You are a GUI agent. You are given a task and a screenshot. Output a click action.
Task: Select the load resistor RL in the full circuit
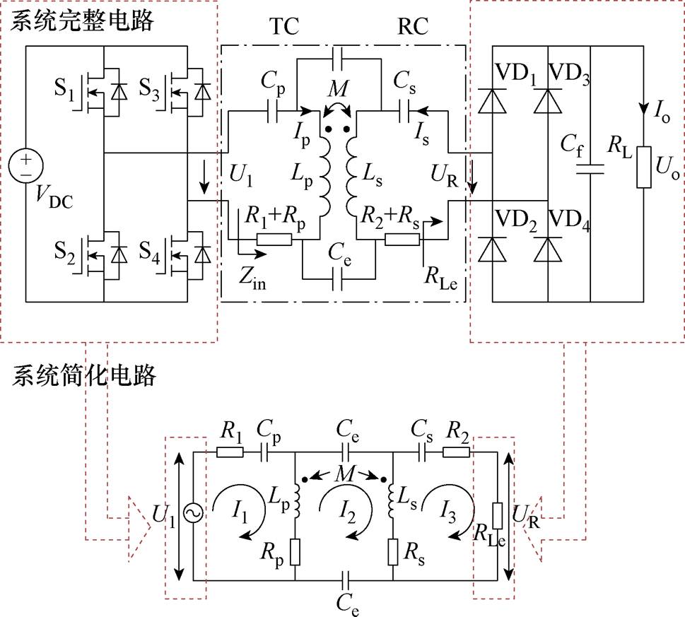point(643,168)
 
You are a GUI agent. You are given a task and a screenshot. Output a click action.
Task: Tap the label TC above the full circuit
point(284,27)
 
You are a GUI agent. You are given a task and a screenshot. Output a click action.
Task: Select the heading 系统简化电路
point(84,375)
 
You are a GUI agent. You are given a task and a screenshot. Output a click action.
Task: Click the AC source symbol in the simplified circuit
point(191,514)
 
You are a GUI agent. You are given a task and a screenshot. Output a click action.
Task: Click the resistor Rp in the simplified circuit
point(294,551)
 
